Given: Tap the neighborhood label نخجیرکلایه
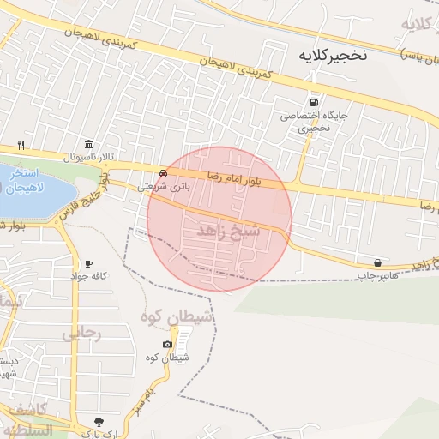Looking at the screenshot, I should coord(332,55).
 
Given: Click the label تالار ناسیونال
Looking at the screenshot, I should coord(88,157).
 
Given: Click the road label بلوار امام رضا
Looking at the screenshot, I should coord(235,175).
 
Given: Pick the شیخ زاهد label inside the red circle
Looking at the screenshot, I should coord(227,231).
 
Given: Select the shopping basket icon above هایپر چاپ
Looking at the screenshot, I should coord(377,262).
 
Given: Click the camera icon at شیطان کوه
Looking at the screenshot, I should coord(166,344).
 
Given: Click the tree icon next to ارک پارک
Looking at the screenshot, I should coord(99,421).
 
